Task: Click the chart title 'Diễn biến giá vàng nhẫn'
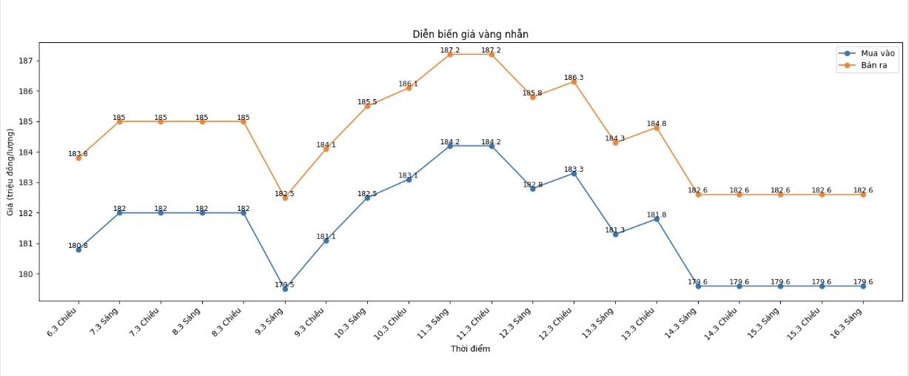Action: tap(470, 34)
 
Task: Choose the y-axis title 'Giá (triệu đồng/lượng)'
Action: tap(10, 172)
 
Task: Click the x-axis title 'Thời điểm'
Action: tap(470, 349)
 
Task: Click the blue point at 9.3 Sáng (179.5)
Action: tap(285, 289)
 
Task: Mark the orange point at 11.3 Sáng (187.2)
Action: tap(450, 54)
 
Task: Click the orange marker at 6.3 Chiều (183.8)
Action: tap(78, 158)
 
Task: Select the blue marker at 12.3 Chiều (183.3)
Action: tap(574, 173)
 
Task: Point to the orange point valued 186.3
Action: tap(574, 81)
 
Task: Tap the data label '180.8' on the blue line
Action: tap(78, 246)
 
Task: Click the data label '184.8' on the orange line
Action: tap(657, 124)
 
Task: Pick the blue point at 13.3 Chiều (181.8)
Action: tap(657, 219)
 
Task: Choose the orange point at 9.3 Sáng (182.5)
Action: tap(285, 198)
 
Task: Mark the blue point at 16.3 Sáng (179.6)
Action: tap(863, 286)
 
